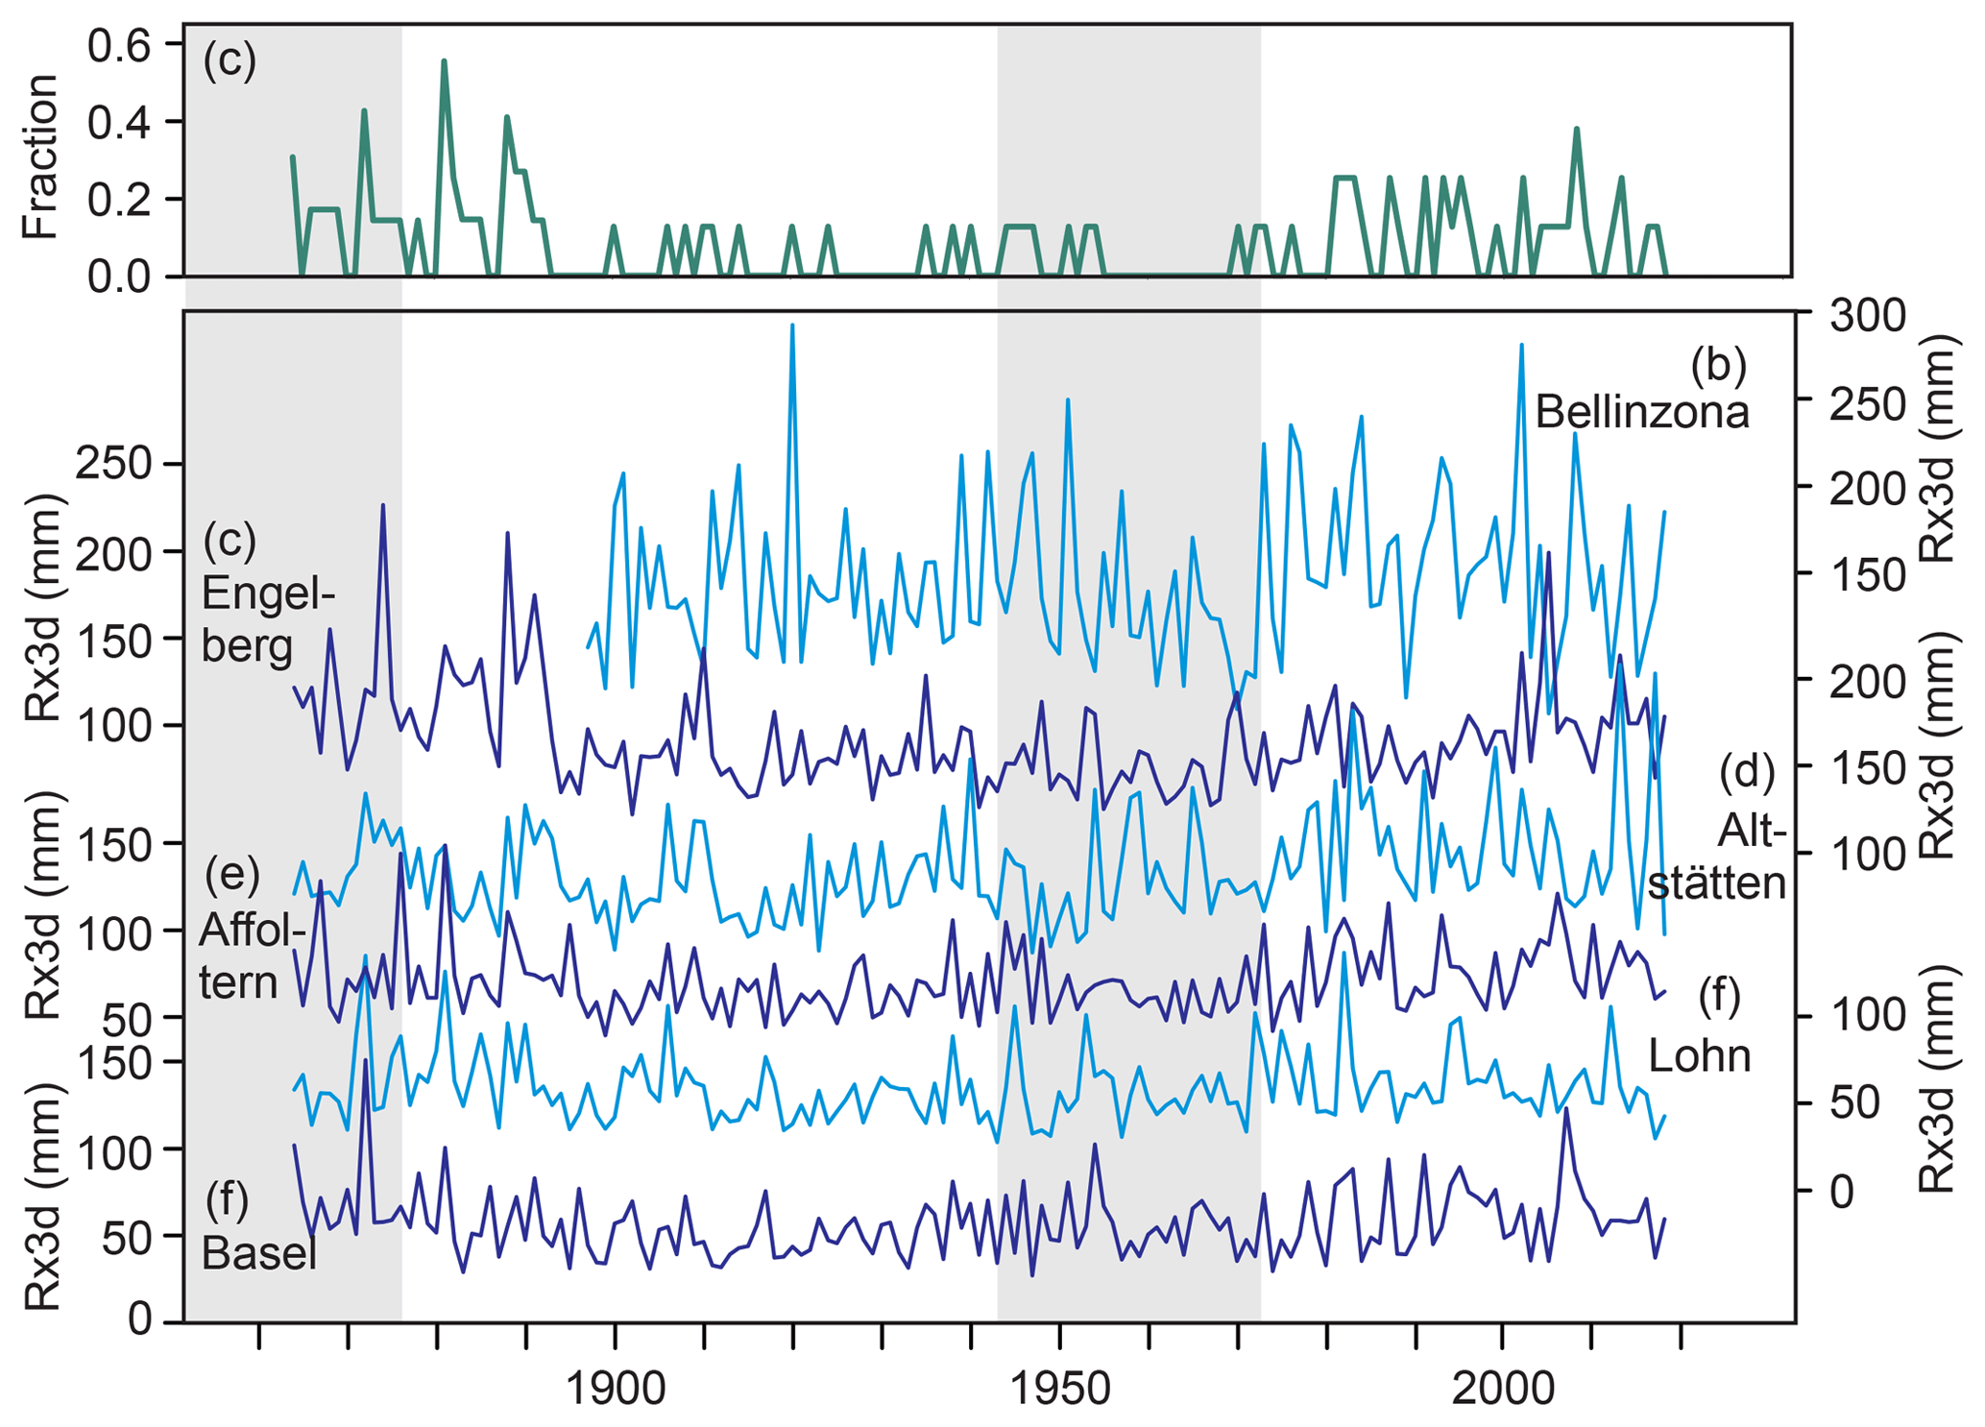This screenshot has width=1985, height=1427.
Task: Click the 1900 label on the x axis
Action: [x=615, y=1389]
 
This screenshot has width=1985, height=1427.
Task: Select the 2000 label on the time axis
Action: [x=1503, y=1389]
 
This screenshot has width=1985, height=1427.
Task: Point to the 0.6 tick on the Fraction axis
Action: [x=120, y=45]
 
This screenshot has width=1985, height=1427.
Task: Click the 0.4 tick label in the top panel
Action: [x=120, y=123]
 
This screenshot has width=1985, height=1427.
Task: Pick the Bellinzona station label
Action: [x=1641, y=412]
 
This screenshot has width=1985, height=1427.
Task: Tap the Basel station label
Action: [x=259, y=1253]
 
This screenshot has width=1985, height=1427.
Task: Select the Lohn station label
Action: [x=1700, y=1055]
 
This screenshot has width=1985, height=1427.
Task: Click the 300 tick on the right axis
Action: [x=1867, y=315]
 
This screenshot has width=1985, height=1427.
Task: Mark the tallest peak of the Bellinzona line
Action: [x=792, y=325]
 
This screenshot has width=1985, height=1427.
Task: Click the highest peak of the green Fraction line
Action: [x=444, y=60]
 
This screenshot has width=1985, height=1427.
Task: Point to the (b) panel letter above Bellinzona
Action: [x=1718, y=364]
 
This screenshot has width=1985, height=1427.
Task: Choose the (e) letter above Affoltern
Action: [x=232, y=873]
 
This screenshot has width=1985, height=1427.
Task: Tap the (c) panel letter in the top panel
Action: [x=230, y=60]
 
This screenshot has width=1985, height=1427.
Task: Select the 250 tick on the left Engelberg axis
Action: [x=113, y=465]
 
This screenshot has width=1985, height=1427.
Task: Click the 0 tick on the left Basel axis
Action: [x=139, y=1320]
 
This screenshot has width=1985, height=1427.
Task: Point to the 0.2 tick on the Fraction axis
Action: [x=120, y=200]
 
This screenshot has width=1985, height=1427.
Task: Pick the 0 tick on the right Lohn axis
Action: [x=1841, y=1191]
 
